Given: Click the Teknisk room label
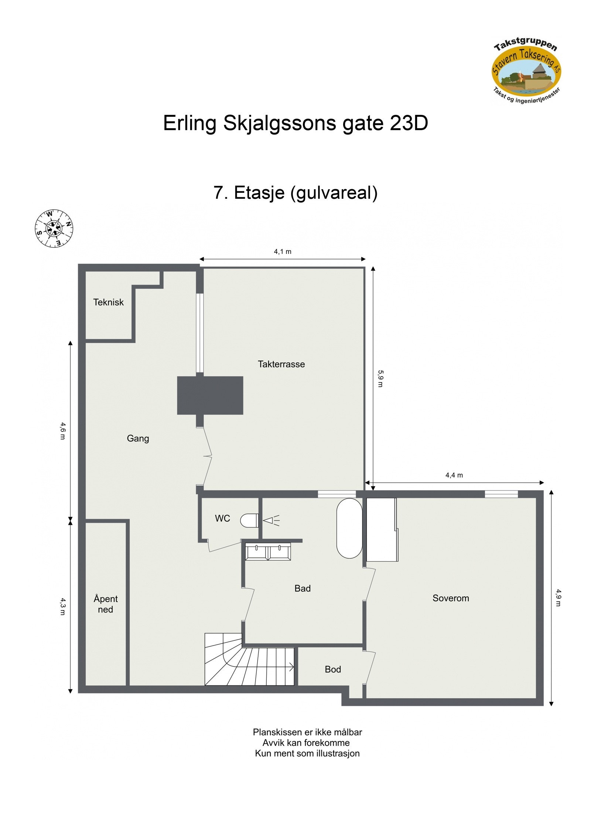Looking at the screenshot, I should (108, 302).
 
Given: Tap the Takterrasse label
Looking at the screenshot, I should (281, 364).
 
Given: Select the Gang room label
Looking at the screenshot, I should (138, 439).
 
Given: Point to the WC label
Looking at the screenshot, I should (222, 519).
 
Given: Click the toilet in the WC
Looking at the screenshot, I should (249, 521).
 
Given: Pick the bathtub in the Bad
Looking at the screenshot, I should (349, 528).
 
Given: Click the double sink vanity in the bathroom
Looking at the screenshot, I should (268, 552).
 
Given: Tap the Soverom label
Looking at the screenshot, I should (451, 598).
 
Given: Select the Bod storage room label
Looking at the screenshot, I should (332, 669).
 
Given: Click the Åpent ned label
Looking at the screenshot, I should (106, 604).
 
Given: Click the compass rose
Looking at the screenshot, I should (54, 228).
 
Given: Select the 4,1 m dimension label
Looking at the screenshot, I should (283, 252).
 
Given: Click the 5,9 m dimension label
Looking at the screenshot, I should (380, 378).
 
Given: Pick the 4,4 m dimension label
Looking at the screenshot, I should (454, 475).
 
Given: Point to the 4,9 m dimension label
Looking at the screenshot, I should (558, 597).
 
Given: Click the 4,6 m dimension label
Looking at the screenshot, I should (63, 431).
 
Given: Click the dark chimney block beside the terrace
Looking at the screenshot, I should (210, 395).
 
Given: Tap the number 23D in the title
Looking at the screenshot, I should (409, 123).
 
